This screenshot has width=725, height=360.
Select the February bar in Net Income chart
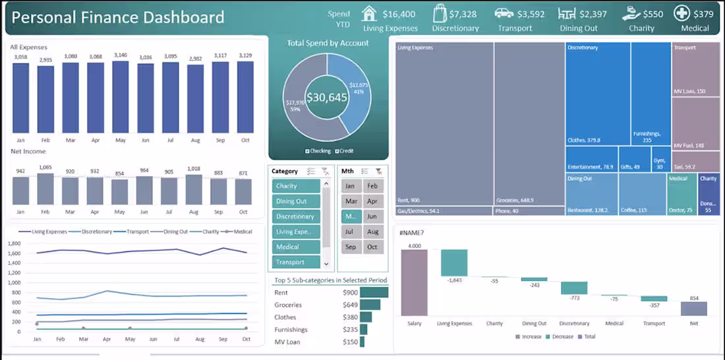(x=45, y=189)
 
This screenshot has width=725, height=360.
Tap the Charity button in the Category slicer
(x=296, y=186)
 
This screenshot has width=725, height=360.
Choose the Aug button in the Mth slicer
(x=372, y=232)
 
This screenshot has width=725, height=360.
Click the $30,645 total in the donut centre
(x=326, y=97)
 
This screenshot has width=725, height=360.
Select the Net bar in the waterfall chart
(x=694, y=309)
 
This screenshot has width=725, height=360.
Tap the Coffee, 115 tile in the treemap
(x=643, y=194)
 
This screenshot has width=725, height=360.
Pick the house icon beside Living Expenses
(x=369, y=13)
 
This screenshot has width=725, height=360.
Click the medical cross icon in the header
(x=681, y=13)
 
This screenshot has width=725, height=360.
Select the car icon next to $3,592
(x=504, y=13)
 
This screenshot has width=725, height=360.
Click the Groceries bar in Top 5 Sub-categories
(x=370, y=305)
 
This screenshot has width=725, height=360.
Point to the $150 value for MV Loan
(x=350, y=342)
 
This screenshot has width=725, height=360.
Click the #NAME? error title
(x=411, y=233)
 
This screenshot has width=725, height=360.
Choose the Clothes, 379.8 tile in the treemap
(x=598, y=93)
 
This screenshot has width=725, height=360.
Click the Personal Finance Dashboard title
(x=118, y=18)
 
